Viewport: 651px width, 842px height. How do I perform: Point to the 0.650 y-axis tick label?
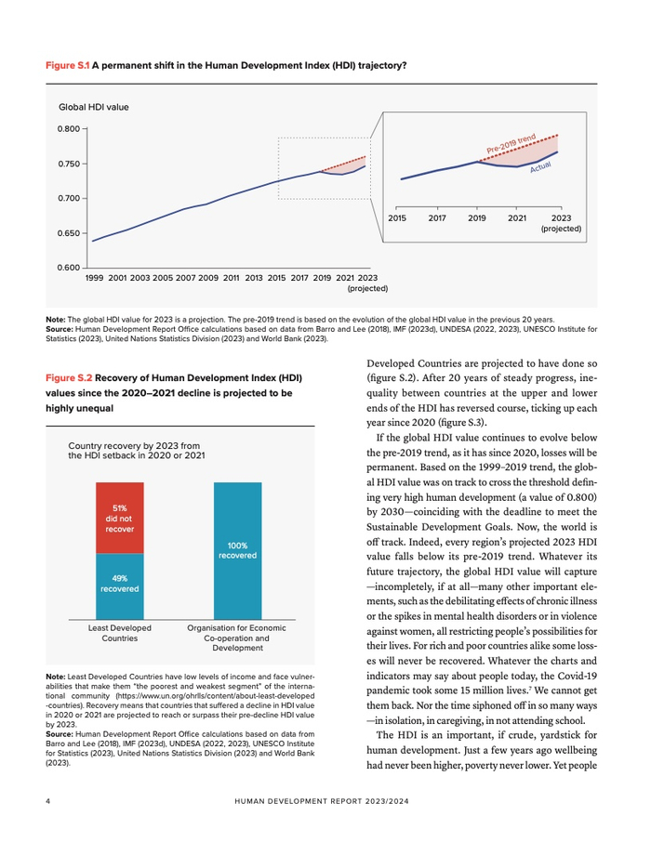[x=69, y=233]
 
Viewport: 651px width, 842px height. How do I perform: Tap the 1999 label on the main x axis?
[x=94, y=277]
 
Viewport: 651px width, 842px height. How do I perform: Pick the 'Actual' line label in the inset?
[x=540, y=167]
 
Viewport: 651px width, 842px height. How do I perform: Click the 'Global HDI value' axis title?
[x=94, y=108]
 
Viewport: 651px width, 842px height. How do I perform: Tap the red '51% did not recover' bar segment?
[x=119, y=518]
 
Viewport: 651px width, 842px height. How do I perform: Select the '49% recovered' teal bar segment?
[x=119, y=583]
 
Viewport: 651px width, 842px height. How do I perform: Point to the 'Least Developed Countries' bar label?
[x=119, y=633]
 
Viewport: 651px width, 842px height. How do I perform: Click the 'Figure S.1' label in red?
[x=68, y=67]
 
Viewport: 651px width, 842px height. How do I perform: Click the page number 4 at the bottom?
[x=47, y=799]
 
